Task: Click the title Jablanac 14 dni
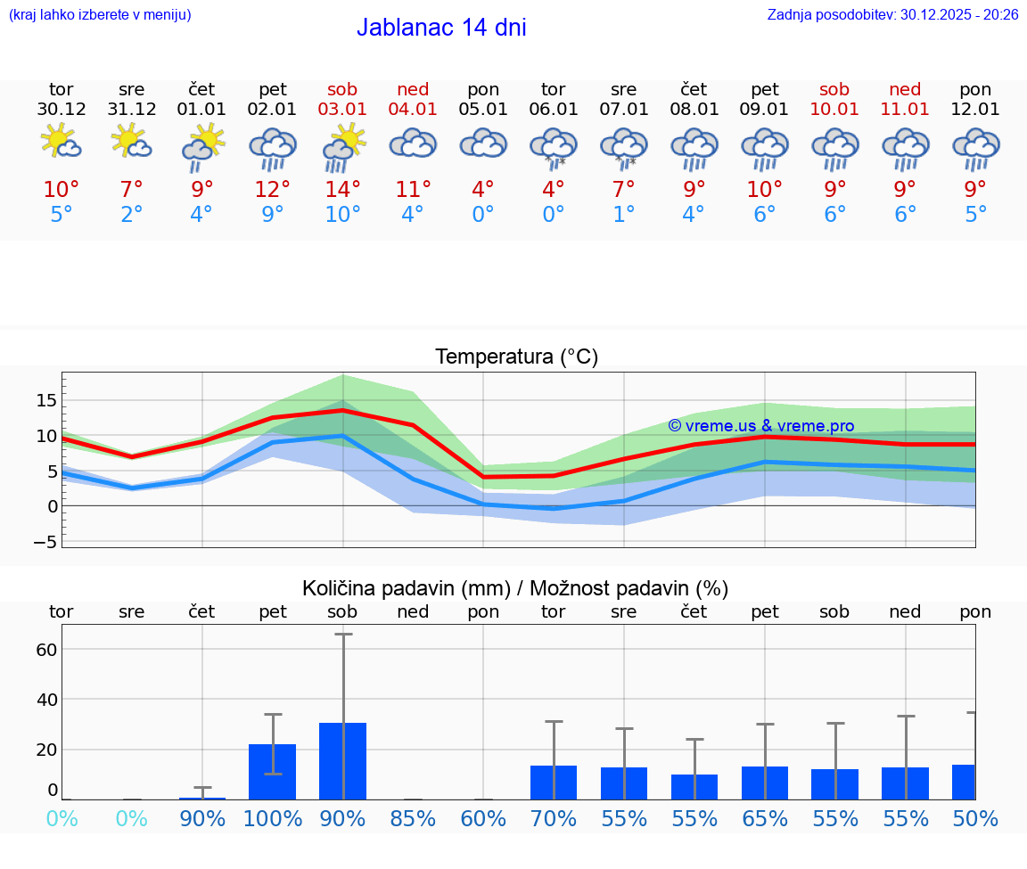(441, 28)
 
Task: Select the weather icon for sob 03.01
(343, 147)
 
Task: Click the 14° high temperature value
(343, 190)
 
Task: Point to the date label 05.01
(483, 110)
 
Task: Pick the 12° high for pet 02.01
(273, 190)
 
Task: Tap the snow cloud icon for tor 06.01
(554, 147)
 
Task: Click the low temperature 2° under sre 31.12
(132, 215)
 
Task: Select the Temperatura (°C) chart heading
(517, 357)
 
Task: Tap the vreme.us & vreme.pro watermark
(761, 426)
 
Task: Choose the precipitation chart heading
(515, 588)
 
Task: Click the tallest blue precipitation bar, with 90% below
(343, 761)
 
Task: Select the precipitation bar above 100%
(273, 772)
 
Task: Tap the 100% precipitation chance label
(273, 818)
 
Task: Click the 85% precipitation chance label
(414, 818)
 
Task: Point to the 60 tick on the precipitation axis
(46, 649)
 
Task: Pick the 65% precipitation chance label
(765, 818)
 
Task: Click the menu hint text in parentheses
(100, 14)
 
